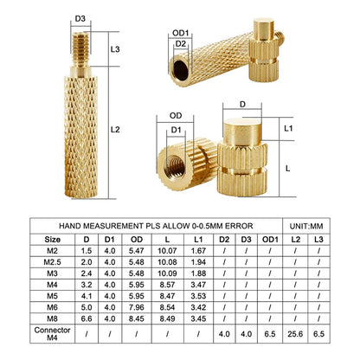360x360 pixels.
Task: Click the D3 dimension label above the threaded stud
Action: (x=80, y=16)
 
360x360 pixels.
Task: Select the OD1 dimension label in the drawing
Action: (x=181, y=32)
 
